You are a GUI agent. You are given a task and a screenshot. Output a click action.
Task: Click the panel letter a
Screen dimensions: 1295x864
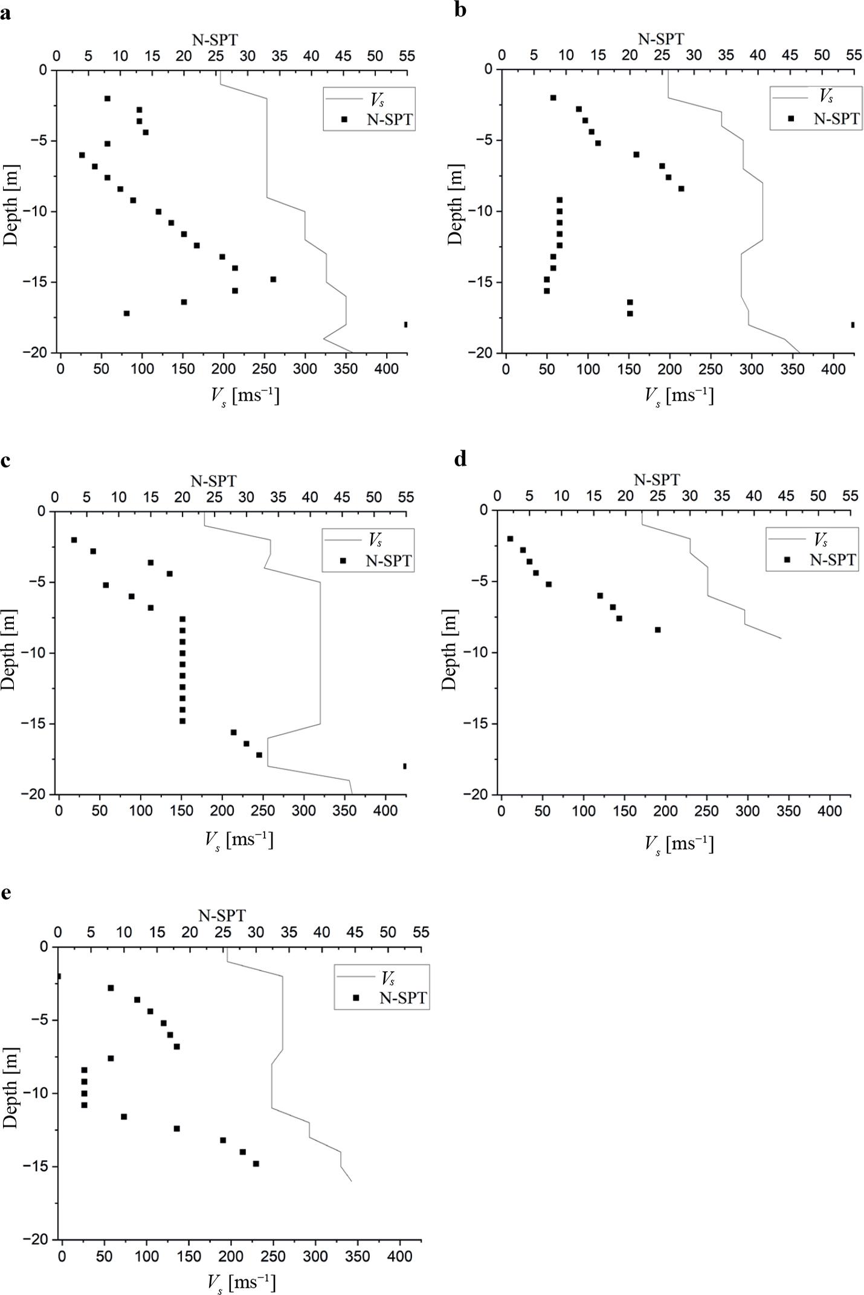(5, 13)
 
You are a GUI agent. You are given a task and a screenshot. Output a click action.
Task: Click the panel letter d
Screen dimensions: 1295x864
(460, 460)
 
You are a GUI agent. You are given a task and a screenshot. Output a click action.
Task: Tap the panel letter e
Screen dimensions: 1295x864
(5, 893)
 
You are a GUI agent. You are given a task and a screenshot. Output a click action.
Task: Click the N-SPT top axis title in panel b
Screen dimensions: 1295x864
(661, 39)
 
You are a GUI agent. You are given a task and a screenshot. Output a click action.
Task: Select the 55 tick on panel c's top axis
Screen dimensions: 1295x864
(406, 497)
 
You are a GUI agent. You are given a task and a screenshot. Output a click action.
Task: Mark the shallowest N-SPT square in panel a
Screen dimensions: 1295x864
(108, 98)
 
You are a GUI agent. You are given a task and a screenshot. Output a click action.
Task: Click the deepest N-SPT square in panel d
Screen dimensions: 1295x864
(658, 630)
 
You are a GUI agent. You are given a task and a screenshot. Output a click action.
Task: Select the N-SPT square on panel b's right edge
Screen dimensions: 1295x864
(853, 325)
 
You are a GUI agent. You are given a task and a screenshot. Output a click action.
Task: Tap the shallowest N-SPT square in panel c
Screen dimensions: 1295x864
(74, 540)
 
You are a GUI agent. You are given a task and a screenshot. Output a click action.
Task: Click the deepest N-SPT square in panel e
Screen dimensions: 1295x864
(256, 1163)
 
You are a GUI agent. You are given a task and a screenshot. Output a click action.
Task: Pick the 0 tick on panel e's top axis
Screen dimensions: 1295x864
(58, 932)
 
